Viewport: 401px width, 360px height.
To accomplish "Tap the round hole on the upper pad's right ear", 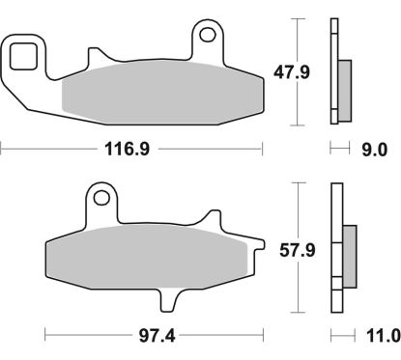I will tap(208, 38).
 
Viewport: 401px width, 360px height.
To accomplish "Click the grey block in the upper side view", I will tap(347, 86).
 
